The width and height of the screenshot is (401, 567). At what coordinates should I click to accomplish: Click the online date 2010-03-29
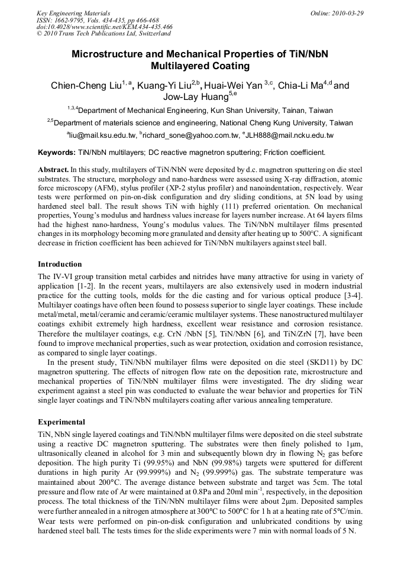coord(346,13)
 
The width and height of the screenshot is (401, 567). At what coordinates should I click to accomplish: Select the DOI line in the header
coord(105,27)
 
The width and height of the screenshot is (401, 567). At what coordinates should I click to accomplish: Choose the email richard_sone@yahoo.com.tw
coord(188,136)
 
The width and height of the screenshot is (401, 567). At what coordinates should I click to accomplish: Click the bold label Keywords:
coord(57,153)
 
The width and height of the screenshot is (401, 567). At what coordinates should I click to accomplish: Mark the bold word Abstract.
coord(53,170)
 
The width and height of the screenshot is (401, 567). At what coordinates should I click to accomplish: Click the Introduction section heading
coord(60,264)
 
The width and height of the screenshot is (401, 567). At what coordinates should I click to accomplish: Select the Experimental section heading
coord(62,422)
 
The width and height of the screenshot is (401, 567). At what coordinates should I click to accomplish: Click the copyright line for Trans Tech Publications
coord(104,34)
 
